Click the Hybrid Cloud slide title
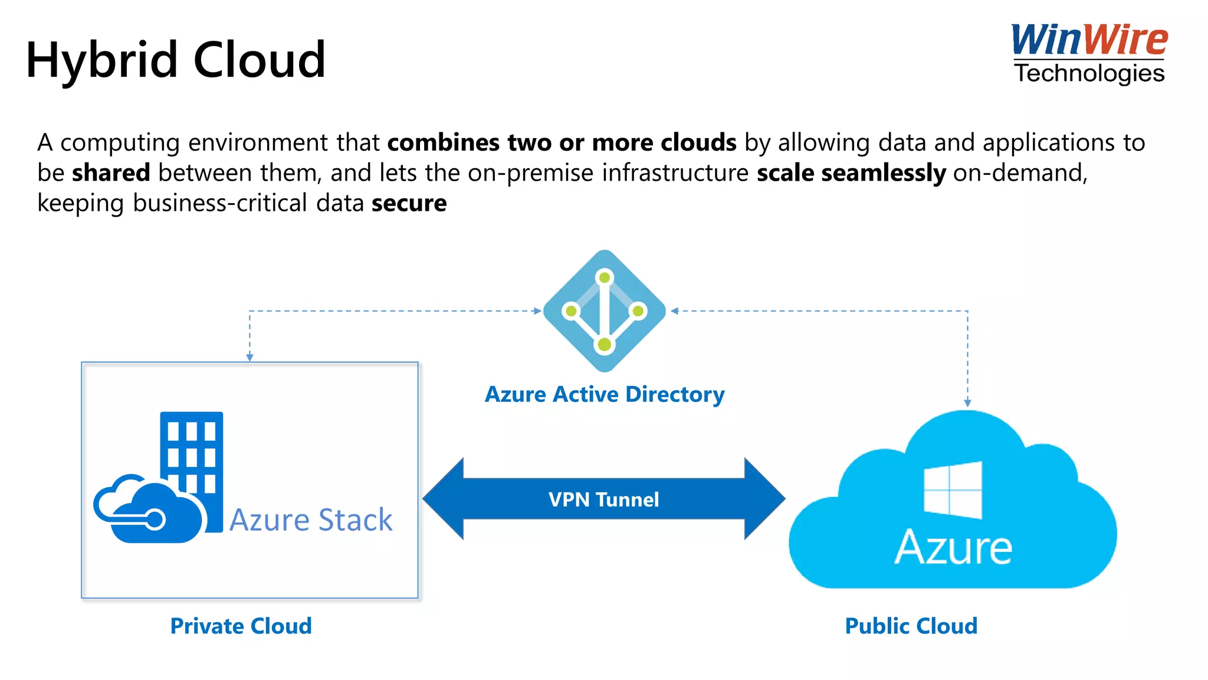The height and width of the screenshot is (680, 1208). coord(176,60)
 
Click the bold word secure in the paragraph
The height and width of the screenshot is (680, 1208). coord(409,203)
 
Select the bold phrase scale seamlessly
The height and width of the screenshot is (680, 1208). coord(851,173)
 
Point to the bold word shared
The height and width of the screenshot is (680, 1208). coord(111,173)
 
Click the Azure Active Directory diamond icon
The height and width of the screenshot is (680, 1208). coord(604,311)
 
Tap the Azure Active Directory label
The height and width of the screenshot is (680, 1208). coord(604,394)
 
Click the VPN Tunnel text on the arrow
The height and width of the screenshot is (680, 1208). coord(603,499)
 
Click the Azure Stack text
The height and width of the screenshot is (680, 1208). coord(311,520)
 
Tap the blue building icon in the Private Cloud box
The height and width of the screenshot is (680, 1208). coord(192,449)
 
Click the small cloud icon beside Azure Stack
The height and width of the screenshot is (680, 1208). coord(147,510)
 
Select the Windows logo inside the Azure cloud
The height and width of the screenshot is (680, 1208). coord(953,490)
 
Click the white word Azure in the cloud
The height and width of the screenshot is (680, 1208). coord(953,548)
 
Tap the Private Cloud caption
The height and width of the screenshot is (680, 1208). coord(241,626)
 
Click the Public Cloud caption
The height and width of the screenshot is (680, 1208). coord(911,626)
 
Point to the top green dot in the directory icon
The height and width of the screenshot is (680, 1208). coord(605,277)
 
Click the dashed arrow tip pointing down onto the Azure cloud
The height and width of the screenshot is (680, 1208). coord(967,403)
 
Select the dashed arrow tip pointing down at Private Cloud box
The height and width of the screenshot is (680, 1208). coord(250,357)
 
